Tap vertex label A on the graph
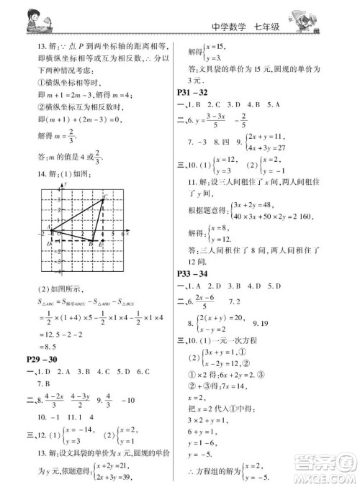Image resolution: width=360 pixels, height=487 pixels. point(47,227)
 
